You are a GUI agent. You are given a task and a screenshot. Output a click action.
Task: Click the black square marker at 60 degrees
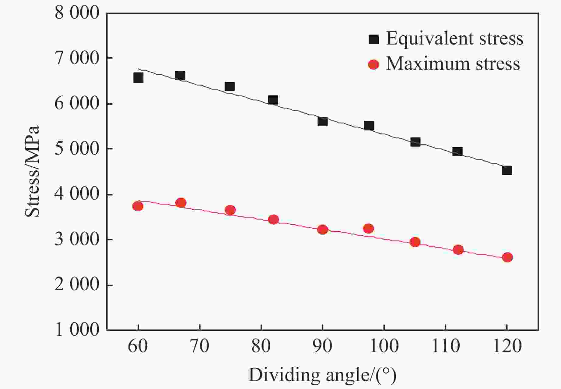138,78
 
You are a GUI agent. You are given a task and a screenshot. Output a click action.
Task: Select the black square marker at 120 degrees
507,170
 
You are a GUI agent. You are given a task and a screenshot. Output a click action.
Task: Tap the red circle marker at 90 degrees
322,230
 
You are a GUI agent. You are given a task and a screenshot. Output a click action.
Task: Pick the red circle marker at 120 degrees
507,257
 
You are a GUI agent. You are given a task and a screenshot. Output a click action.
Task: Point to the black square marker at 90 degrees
322,122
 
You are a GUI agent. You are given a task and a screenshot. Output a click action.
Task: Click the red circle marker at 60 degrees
138,206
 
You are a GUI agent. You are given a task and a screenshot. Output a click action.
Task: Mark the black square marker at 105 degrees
415,142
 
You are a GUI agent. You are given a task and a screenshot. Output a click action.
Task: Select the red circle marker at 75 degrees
230,210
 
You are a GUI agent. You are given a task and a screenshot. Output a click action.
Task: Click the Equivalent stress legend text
454,39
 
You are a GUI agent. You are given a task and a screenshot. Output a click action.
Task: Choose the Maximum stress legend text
453,64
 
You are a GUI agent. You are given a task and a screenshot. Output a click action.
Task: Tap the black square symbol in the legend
373,39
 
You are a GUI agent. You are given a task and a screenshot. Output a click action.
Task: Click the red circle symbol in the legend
373,64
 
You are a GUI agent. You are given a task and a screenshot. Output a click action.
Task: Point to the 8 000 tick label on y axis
77,13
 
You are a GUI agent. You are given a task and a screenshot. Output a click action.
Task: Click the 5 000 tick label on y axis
77,149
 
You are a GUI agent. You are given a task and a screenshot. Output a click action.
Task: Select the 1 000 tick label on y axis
77,330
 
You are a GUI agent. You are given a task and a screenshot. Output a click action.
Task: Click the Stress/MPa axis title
33,171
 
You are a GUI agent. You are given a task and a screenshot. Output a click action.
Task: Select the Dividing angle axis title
322,375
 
